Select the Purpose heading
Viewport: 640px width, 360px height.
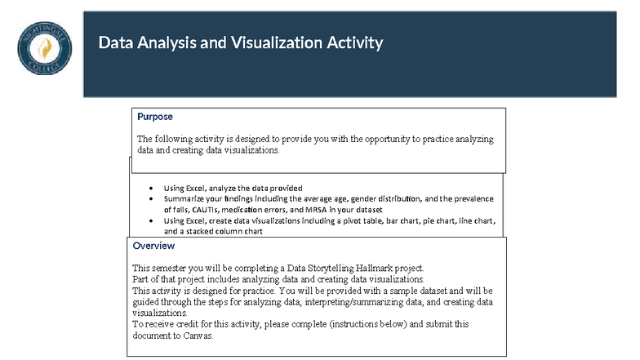154,117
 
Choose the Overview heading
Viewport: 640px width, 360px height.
153,245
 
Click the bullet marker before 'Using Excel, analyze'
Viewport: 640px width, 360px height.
152,188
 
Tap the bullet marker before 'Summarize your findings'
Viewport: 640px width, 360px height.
152,198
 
